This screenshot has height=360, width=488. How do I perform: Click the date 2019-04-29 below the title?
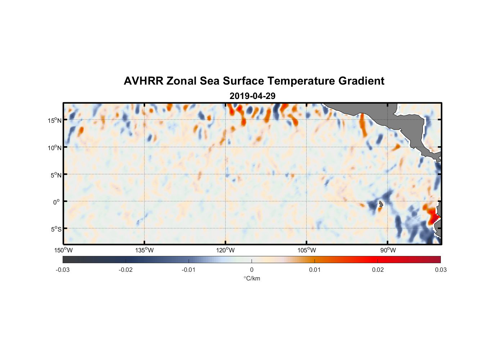coord(252,96)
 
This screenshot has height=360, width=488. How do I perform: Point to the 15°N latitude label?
coord(55,120)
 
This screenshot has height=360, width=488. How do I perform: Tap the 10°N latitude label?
coord(55,148)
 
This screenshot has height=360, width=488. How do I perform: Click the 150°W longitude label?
coord(63,250)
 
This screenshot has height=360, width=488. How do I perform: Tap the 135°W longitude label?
coord(144,250)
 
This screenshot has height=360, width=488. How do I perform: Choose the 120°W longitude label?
coord(226,250)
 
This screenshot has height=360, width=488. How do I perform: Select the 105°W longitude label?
coord(307,250)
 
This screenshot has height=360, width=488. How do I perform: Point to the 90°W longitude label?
coord(388,250)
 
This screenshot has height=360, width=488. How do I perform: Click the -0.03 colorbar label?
coord(63,270)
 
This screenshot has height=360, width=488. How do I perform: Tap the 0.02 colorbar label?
coord(378,270)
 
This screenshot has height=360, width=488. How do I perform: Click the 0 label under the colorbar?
coord(252,270)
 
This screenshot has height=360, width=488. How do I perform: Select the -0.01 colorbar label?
coord(189,270)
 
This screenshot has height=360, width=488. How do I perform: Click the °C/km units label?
coord(252,278)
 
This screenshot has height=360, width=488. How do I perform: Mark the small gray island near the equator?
coord(380,204)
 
